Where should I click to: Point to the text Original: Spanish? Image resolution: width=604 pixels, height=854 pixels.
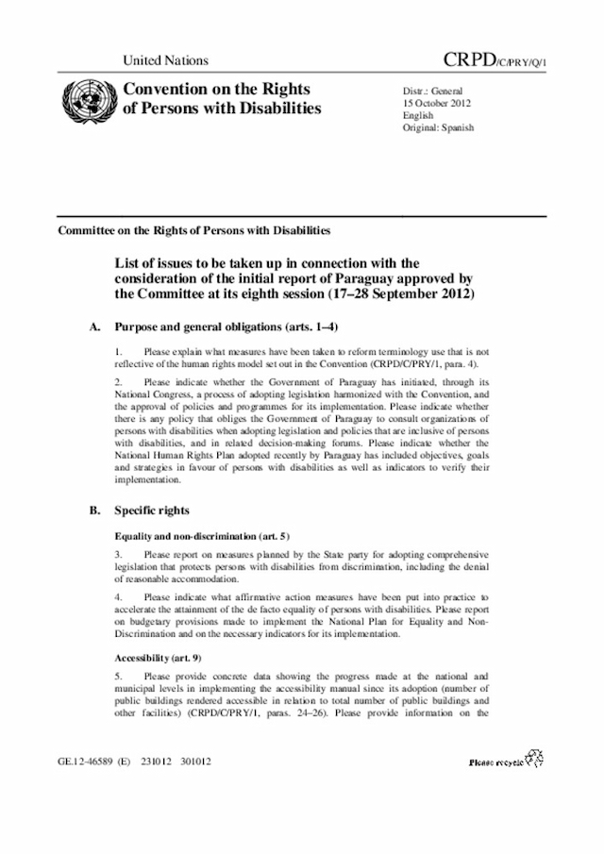[438, 127]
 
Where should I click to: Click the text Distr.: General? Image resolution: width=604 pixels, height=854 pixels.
[433, 90]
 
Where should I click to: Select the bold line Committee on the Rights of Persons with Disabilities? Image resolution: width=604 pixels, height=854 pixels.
[193, 230]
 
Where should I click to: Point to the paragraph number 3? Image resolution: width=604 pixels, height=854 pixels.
[117, 554]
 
